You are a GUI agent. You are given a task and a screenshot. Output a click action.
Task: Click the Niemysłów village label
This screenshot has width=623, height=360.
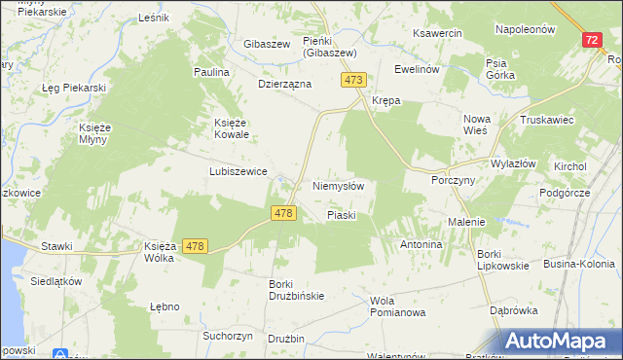(x=339, y=185)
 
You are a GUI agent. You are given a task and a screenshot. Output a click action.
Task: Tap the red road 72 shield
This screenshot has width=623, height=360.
(x=592, y=41)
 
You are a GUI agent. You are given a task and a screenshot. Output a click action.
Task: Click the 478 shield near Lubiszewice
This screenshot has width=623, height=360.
(x=283, y=213)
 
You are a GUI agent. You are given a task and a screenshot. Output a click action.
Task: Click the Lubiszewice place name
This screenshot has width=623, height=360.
(x=238, y=170)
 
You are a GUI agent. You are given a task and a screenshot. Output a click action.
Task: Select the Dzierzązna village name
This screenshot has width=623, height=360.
(x=283, y=84)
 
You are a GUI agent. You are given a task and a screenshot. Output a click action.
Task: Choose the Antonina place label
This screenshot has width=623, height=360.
(x=421, y=244)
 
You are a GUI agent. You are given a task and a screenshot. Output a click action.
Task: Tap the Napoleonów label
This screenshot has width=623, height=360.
(x=525, y=29)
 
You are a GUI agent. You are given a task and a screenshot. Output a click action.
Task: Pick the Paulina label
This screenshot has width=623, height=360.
(x=211, y=72)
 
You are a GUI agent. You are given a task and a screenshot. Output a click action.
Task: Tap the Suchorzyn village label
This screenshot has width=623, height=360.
(x=228, y=336)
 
